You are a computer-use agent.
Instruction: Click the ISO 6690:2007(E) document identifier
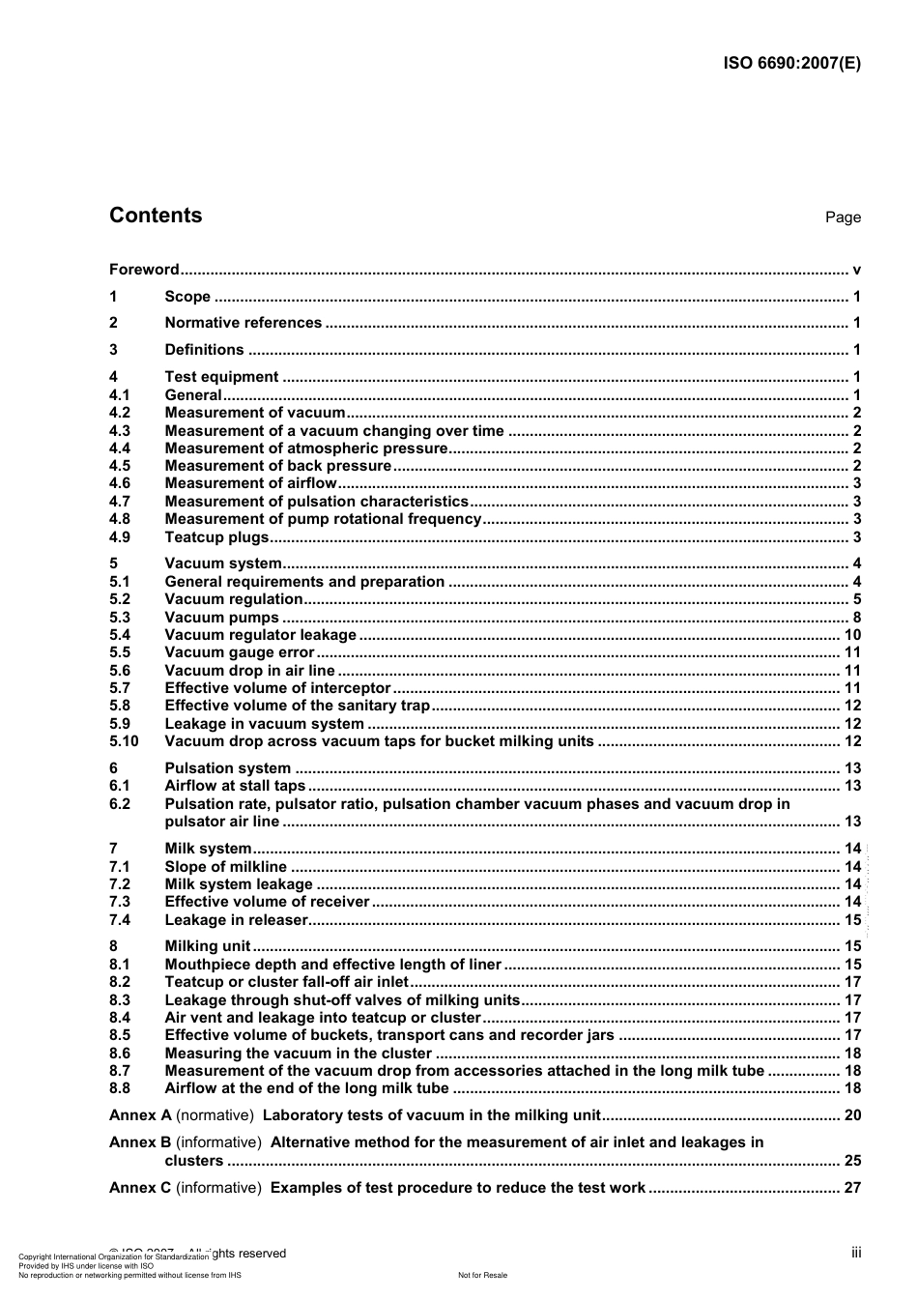pyautogui.click(x=791, y=64)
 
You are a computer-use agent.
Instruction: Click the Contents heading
pyautogui.click(x=156, y=216)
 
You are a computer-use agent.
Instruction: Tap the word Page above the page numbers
pyautogui.click(x=843, y=217)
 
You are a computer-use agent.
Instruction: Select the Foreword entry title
pyautogui.click(x=144, y=270)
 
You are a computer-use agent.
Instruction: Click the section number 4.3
pyautogui.click(x=120, y=431)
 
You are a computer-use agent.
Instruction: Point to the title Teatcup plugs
pyautogui.click(x=216, y=537)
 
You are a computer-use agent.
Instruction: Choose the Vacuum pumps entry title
pyautogui.click(x=221, y=618)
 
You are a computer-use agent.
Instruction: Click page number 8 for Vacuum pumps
pyautogui.click(x=856, y=618)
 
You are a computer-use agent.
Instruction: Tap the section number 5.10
pyautogui.click(x=124, y=741)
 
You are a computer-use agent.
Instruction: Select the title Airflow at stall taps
pyautogui.click(x=235, y=786)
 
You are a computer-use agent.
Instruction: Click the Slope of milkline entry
pyautogui.click(x=225, y=867)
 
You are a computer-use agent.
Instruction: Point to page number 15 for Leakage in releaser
pyautogui.click(x=852, y=920)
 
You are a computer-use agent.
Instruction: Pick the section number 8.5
pyautogui.click(x=120, y=1035)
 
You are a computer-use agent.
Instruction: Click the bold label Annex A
pyautogui.click(x=140, y=1115)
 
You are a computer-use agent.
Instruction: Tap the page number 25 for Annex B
pyautogui.click(x=852, y=1161)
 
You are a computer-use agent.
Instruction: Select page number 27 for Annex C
pyautogui.click(x=852, y=1188)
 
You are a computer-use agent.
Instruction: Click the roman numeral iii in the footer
pyautogui.click(x=856, y=1253)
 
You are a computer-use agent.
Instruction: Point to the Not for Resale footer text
pyautogui.click(x=482, y=1275)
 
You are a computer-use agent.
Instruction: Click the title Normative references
pyautogui.click(x=243, y=323)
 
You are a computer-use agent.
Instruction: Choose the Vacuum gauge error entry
pyautogui.click(x=240, y=652)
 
